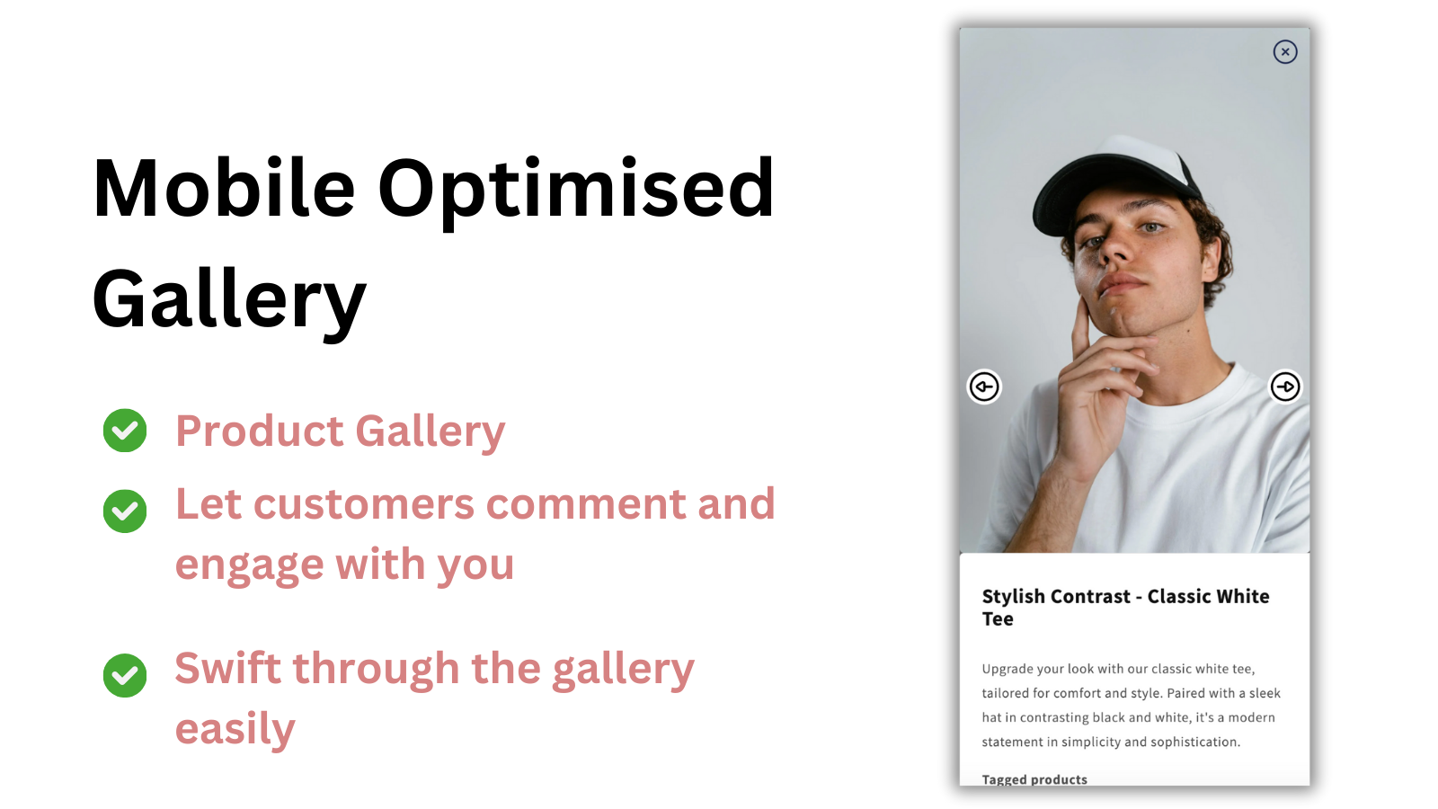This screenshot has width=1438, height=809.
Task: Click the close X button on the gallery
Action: coord(1285,52)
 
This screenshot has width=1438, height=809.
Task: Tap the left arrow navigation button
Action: coord(984,387)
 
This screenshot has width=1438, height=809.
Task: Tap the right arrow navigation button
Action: coord(1285,387)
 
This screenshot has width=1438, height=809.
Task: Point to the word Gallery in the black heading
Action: coord(229,299)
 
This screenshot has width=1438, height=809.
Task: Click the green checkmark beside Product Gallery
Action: coord(125,431)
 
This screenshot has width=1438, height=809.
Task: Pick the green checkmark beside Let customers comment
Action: coord(125,511)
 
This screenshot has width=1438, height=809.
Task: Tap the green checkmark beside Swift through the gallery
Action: coord(125,675)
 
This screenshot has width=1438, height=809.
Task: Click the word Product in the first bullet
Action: coord(260,431)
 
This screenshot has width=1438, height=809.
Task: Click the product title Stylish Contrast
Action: coord(1056,597)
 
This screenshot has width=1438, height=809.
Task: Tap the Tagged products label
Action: coord(1034,779)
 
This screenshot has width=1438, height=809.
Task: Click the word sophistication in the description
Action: coord(1194,742)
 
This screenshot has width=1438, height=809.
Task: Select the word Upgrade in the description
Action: coord(1007,669)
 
